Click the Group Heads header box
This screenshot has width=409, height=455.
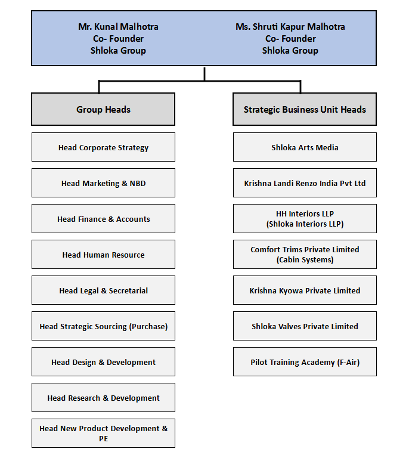(103, 109)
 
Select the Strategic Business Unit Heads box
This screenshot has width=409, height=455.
(305, 109)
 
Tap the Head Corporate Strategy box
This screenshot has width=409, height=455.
(103, 147)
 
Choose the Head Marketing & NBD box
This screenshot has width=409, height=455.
(103, 183)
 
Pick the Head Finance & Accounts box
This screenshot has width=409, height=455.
(103, 218)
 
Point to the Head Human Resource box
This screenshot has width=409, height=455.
(103, 255)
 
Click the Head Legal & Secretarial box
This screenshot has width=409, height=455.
(103, 290)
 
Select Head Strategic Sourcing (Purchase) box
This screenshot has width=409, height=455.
(103, 326)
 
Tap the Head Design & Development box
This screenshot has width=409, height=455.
(103, 362)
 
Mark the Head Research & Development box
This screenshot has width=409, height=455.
(103, 398)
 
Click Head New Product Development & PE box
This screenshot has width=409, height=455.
(103, 434)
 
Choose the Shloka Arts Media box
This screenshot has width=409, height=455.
(305, 147)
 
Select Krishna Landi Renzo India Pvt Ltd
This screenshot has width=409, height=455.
(305, 183)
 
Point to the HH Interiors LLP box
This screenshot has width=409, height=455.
(305, 218)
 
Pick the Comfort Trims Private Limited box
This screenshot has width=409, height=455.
(305, 255)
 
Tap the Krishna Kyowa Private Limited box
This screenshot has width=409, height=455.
(305, 290)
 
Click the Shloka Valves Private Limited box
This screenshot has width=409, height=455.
(305, 326)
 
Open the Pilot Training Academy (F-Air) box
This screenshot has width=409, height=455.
(305, 362)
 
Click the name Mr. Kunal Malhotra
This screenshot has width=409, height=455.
(119, 27)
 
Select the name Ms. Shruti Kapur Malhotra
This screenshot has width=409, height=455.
(290, 27)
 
